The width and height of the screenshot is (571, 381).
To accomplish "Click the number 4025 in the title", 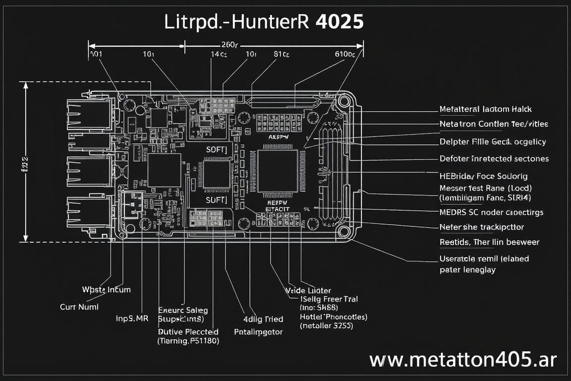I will (x=339, y=22).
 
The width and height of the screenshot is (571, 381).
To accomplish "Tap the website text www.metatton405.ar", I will (x=463, y=360).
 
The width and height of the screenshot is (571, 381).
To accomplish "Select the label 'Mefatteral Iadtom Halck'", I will (x=485, y=109).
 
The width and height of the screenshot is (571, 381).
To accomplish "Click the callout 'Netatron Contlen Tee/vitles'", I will (x=494, y=124).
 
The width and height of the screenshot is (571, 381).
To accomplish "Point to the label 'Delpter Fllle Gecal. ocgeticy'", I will (x=493, y=142).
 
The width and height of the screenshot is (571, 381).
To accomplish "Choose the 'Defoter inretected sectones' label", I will (x=494, y=159).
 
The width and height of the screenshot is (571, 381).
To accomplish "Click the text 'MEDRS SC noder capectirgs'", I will (x=491, y=212).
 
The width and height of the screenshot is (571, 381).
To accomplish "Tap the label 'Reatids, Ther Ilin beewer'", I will (x=489, y=242).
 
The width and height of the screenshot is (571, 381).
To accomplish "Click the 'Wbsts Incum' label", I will (x=106, y=289).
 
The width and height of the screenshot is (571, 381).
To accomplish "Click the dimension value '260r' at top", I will (x=229, y=43).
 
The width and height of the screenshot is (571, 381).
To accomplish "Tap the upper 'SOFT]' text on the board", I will (x=216, y=148).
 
